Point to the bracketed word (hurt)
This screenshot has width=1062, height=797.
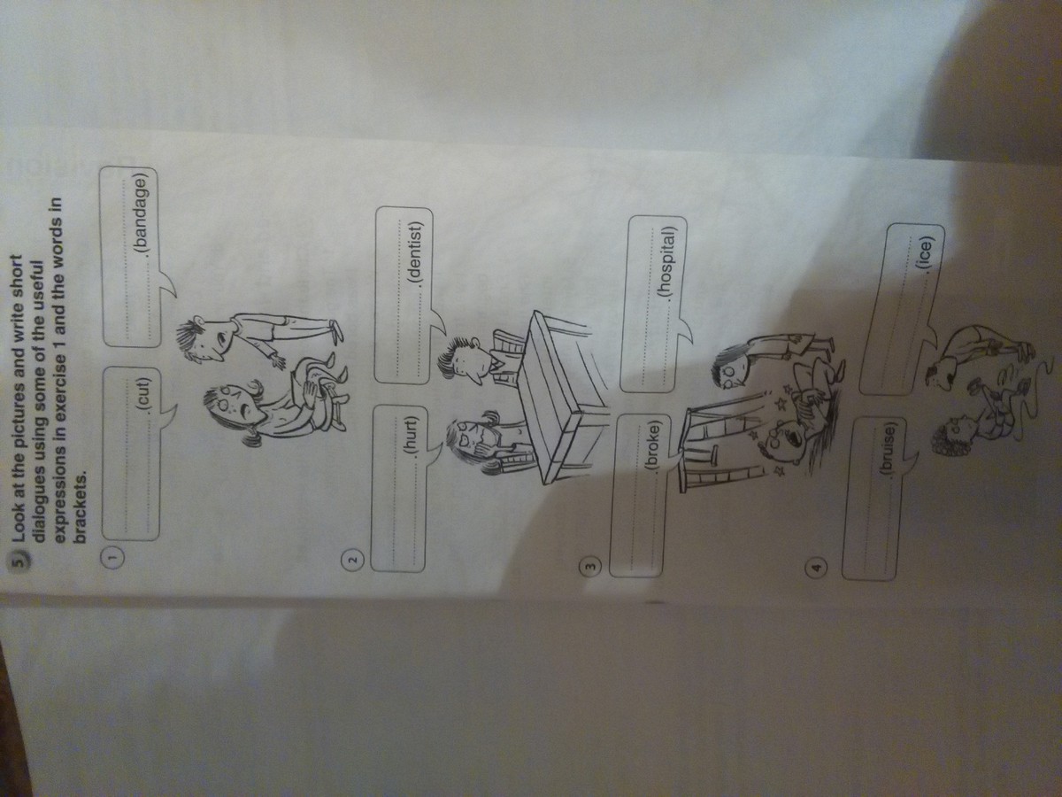coord(415,434)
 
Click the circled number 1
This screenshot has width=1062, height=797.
coord(113,557)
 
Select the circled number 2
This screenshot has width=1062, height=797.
coord(354,560)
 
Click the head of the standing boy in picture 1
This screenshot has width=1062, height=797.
coord(203,340)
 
